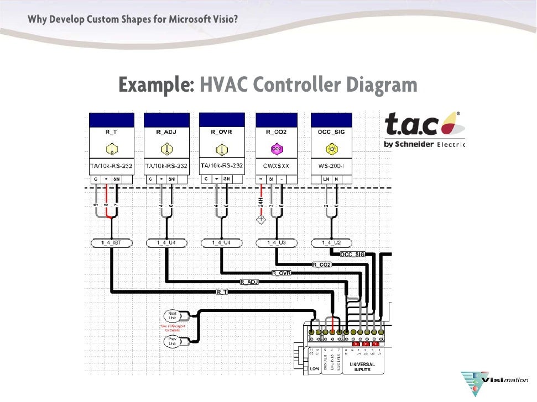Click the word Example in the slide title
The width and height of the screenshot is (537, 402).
(x=155, y=85)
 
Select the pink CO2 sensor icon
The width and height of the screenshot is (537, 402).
(x=277, y=149)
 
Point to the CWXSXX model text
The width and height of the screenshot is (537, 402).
(x=277, y=166)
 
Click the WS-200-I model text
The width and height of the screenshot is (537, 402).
(x=332, y=166)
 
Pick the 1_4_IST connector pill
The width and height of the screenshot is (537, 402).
(x=111, y=243)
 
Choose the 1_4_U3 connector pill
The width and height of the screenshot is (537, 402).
(x=277, y=243)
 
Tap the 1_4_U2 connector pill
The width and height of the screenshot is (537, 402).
(x=332, y=243)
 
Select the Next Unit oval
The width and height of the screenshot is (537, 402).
(x=172, y=316)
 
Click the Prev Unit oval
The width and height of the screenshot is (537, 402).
(x=172, y=341)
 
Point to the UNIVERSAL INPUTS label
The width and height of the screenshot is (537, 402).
(x=362, y=367)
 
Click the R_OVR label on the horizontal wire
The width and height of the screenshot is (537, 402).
(x=281, y=273)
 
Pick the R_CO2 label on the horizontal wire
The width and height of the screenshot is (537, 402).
(x=322, y=265)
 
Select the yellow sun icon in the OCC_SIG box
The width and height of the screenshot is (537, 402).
(x=332, y=149)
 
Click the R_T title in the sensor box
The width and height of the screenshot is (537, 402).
(x=111, y=133)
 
